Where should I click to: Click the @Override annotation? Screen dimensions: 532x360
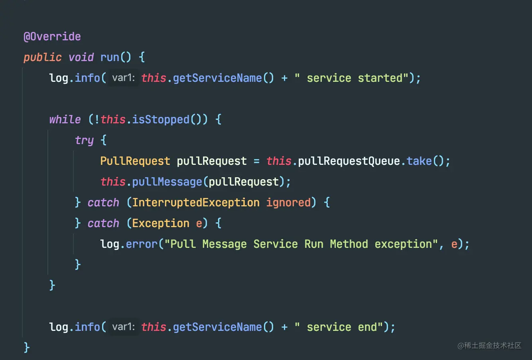(x=52, y=37)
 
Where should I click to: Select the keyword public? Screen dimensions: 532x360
(x=43, y=57)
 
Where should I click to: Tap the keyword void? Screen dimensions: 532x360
(x=81, y=57)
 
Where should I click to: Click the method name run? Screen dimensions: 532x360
(x=110, y=57)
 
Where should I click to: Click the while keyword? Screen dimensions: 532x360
(x=65, y=120)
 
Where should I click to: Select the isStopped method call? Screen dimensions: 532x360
(x=161, y=120)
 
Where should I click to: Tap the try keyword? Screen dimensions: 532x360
(x=84, y=140)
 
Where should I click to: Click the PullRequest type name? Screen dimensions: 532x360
(x=135, y=161)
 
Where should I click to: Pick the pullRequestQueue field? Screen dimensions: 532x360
(x=349, y=161)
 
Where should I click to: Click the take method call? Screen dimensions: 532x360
(x=419, y=161)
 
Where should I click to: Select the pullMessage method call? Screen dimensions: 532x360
(x=167, y=182)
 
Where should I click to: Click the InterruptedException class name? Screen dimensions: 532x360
(x=196, y=203)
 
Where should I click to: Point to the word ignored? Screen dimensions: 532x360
(x=288, y=203)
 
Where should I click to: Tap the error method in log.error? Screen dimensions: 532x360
(x=142, y=244)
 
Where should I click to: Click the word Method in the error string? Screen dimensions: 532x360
(x=349, y=244)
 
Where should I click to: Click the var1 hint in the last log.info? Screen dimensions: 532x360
(x=123, y=327)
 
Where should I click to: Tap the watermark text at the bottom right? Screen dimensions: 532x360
(x=489, y=346)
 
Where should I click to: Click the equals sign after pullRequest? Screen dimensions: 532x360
(x=256, y=161)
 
